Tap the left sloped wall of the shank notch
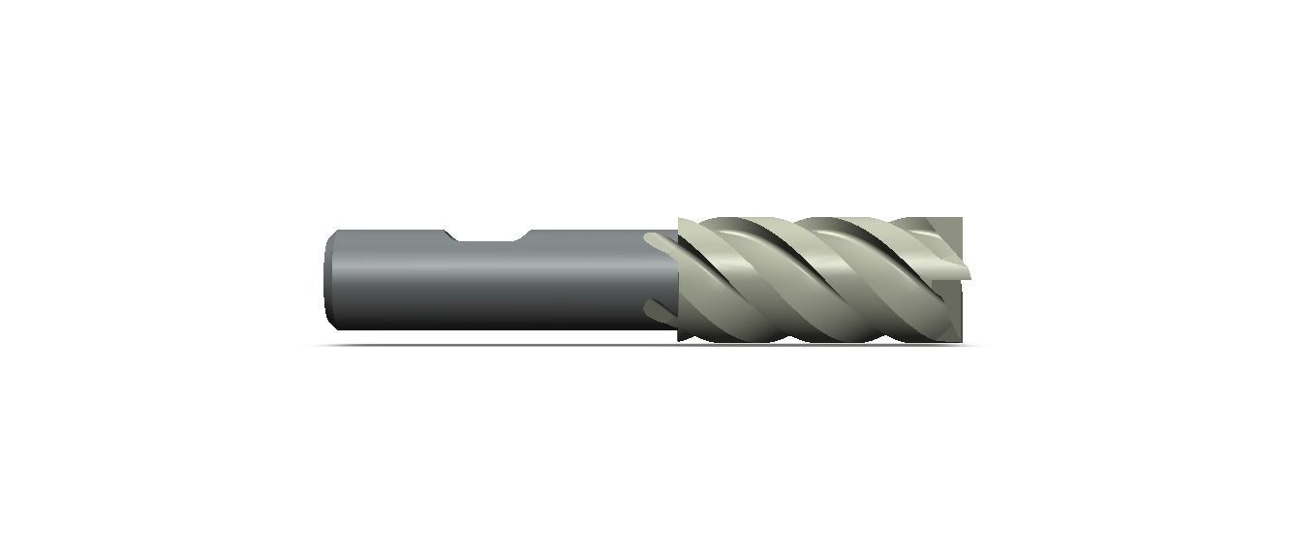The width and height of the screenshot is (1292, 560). pos(450,235)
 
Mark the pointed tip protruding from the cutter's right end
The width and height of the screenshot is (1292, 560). pos(965,270)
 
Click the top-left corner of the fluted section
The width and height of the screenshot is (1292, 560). pos(679,220)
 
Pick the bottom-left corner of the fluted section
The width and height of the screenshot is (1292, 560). pos(679,340)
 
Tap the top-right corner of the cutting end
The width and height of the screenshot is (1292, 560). pos(961,219)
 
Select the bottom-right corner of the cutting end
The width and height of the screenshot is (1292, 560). pos(961,341)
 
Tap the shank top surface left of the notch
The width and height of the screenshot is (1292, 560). pos(387,233)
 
